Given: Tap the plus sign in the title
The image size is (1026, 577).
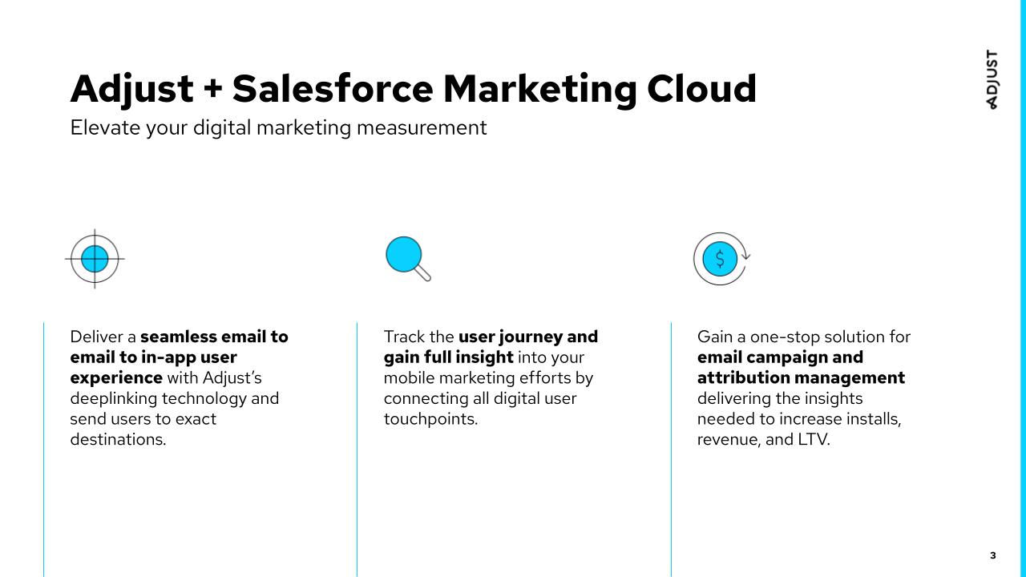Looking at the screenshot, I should click(x=212, y=90).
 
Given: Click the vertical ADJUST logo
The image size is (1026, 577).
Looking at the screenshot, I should click(x=992, y=79).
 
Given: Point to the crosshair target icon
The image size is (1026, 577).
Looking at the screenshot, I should click(x=95, y=258).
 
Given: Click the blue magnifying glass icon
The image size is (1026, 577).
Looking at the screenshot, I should click(x=407, y=258).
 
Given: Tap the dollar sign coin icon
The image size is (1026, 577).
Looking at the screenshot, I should click(x=720, y=258).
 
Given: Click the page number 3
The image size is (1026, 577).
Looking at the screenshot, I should click(x=993, y=555).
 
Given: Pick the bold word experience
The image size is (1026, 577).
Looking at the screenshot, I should click(x=116, y=377).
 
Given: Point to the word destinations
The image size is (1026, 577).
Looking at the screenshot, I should click(x=117, y=439).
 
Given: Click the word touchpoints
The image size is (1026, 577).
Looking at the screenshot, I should click(x=430, y=418).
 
